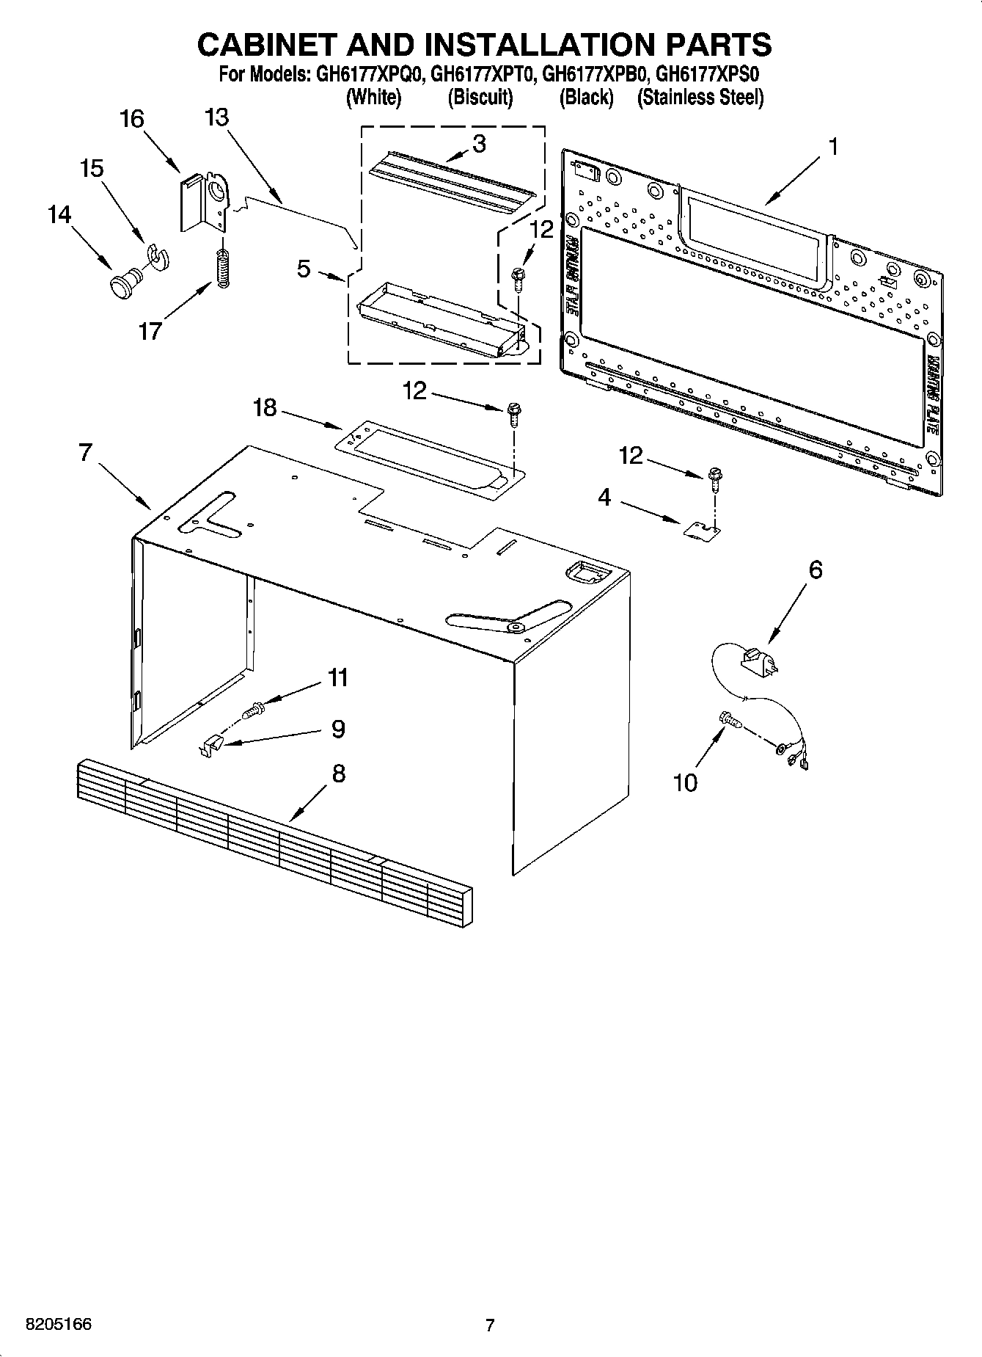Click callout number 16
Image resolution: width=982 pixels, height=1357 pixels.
(x=132, y=120)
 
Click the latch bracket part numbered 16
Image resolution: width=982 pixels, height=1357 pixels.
(x=202, y=202)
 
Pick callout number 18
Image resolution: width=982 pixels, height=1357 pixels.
(x=265, y=407)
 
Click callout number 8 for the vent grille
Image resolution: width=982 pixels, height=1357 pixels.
(x=338, y=773)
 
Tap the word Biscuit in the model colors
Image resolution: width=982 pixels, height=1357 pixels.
(x=480, y=97)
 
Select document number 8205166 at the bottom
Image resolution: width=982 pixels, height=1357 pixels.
(x=59, y=1324)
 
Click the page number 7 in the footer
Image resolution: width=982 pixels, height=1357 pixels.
(x=490, y=1325)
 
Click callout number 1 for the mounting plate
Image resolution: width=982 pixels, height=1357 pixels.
(x=832, y=147)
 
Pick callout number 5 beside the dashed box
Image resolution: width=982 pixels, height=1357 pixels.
(x=304, y=269)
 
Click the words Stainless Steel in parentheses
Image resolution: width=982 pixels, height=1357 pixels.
(x=700, y=97)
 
